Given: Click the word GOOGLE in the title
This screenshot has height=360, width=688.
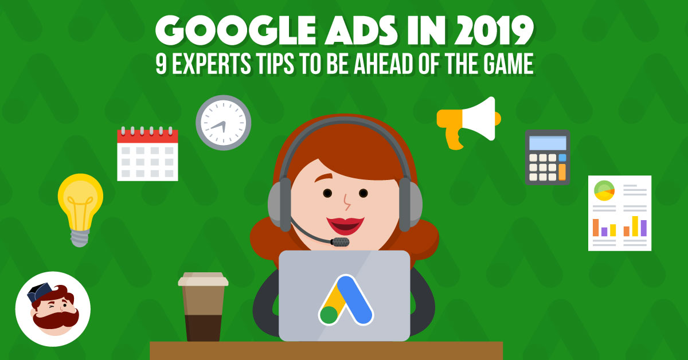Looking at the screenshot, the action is [235, 30].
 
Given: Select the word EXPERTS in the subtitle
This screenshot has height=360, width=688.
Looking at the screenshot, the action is [212, 64].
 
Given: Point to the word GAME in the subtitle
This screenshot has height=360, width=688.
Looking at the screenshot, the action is [509, 63].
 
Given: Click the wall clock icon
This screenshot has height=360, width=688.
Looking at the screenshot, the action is [223, 123].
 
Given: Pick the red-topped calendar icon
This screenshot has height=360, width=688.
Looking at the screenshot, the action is [147, 153].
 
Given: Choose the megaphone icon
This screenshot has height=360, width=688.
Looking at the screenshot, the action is [468, 123].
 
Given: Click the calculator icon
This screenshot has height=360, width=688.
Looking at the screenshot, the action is [548, 157].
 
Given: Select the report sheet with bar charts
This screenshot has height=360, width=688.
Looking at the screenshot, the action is [620, 213].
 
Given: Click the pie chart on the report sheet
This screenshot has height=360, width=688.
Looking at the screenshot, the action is [604, 191].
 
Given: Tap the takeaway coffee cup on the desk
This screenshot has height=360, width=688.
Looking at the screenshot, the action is [203, 307].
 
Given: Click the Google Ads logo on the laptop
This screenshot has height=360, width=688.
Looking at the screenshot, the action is [346, 300].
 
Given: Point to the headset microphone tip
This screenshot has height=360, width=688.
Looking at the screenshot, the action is [341, 242].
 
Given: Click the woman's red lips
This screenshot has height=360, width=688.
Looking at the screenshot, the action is [345, 225].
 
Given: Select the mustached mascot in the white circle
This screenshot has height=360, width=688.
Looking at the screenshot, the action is [53, 309].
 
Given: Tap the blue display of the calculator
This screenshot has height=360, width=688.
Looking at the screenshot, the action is [548, 143].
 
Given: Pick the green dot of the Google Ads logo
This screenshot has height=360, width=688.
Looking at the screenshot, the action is [329, 315].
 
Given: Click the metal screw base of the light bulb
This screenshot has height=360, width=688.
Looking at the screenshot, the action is [80, 238].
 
